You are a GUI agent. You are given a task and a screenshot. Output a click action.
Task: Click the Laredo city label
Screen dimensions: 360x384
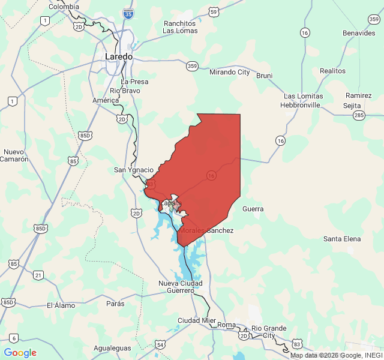(x=118, y=56)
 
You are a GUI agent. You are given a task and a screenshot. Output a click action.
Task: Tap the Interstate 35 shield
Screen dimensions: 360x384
(x=128, y=14)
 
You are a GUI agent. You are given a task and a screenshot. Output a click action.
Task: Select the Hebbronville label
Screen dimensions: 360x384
(x=300, y=104)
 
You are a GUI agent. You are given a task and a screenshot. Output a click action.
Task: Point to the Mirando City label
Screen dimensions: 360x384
(x=229, y=72)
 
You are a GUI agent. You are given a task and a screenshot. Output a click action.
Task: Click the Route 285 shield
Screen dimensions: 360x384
(x=359, y=115)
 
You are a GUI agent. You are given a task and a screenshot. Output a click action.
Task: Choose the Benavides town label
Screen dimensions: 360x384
(x=359, y=33)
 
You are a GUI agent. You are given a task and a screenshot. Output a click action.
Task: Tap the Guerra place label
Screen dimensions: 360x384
(x=253, y=209)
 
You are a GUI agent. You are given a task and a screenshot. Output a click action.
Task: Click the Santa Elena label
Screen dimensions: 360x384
(x=342, y=239)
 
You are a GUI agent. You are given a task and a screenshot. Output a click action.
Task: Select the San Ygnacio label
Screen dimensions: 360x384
(x=134, y=170)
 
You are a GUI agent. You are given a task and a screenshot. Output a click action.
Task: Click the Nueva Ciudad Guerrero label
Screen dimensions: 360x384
(x=180, y=286)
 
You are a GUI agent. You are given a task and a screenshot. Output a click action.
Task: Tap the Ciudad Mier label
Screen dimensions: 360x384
(x=196, y=320)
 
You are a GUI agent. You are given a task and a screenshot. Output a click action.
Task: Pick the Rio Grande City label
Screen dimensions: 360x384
(x=269, y=331)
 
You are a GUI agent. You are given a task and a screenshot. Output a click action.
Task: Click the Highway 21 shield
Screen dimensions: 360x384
(x=38, y=275)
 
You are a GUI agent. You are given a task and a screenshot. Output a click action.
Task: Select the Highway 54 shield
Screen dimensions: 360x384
(x=160, y=344)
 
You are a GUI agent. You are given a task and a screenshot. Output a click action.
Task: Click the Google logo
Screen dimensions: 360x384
(x=20, y=353)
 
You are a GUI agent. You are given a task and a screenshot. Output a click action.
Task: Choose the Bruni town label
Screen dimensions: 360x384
(x=264, y=76)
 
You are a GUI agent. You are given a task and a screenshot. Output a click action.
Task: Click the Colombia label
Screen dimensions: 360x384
(x=64, y=7)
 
